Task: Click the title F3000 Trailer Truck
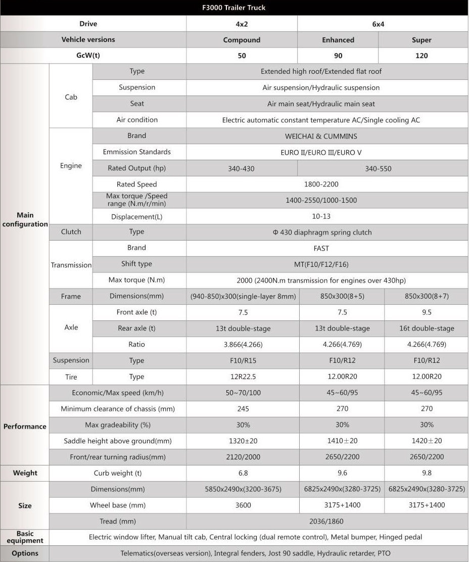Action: (234, 8)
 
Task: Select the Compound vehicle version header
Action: (242, 40)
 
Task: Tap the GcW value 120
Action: (421, 56)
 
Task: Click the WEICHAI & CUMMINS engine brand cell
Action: (321, 136)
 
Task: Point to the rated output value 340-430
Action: (241, 169)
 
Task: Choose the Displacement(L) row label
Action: (136, 217)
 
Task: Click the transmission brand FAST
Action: (321, 248)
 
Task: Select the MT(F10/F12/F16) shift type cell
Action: (321, 264)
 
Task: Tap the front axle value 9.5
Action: (427, 312)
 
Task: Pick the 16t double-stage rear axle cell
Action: (427, 329)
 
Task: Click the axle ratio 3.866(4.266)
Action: (243, 345)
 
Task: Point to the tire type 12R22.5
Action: (243, 377)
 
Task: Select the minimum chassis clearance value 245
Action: (243, 408)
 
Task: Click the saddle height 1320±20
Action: (243, 441)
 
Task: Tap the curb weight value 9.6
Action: (342, 474)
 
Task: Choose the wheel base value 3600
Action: (243, 505)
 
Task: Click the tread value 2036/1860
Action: (321, 521)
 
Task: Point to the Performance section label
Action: (25, 426)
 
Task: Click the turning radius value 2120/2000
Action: (243, 457)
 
